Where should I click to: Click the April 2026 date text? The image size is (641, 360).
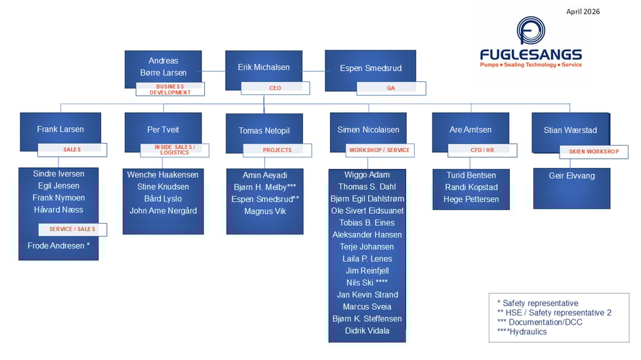pyautogui.click(x=583, y=11)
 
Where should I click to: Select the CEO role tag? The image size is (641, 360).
pyautogui.click(x=275, y=88)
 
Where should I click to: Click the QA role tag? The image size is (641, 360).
pyautogui.click(x=391, y=88)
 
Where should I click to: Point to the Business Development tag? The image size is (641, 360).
pyautogui.click(x=170, y=89)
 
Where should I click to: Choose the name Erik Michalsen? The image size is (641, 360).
pyautogui.click(x=264, y=68)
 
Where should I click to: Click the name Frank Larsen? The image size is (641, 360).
pyautogui.click(x=60, y=130)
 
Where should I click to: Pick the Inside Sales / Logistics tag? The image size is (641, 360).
pyautogui.click(x=175, y=150)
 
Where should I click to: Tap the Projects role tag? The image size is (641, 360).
pyautogui.click(x=277, y=150)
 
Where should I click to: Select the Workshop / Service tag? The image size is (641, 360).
pyautogui.click(x=379, y=150)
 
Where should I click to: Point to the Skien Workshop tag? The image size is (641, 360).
pyautogui.click(x=593, y=152)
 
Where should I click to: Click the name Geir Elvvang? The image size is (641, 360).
pyautogui.click(x=571, y=176)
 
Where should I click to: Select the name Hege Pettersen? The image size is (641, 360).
pyautogui.click(x=472, y=199)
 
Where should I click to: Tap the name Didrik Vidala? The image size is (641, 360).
pyautogui.click(x=367, y=330)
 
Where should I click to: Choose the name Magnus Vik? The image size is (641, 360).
pyautogui.click(x=265, y=211)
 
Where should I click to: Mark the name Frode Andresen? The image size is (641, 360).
pyautogui.click(x=58, y=246)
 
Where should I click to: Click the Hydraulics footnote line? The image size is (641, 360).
pyautogui.click(x=522, y=332)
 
